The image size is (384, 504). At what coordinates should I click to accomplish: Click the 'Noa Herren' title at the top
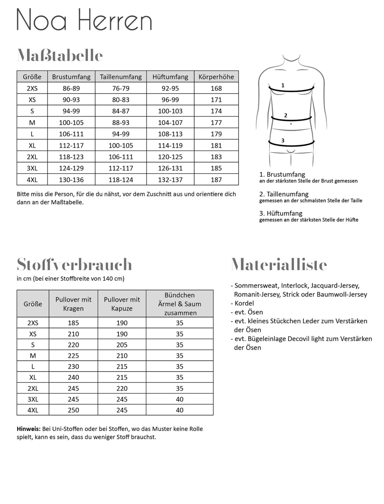click(x=84, y=20)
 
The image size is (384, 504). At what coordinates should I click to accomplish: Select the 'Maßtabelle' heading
click(x=60, y=56)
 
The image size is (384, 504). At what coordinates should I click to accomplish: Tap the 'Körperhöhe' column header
click(x=216, y=77)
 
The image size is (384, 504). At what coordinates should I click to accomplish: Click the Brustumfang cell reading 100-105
click(x=71, y=123)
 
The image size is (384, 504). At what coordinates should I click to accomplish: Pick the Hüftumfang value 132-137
click(x=170, y=180)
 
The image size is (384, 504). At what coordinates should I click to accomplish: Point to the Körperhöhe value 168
click(x=216, y=88)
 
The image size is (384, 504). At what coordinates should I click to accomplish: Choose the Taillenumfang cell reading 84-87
click(x=121, y=111)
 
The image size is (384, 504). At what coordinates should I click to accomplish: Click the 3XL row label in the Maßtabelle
click(x=32, y=168)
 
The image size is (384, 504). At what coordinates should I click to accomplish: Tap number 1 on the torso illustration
click(x=283, y=85)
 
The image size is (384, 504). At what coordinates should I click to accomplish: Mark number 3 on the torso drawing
click(x=283, y=140)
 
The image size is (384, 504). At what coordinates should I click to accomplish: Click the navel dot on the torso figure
click(x=291, y=124)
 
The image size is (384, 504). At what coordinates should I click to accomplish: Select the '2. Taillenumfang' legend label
click(x=284, y=194)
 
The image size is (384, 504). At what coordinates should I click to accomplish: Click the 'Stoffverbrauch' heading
click(x=74, y=264)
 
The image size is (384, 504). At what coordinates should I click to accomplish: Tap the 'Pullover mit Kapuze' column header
click(x=122, y=304)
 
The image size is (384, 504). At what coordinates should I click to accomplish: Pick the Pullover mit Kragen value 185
click(x=73, y=323)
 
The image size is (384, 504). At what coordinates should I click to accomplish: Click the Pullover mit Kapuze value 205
click(x=122, y=345)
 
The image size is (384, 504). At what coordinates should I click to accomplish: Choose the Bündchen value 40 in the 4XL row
click(x=180, y=410)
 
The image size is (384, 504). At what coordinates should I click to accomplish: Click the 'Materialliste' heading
click(x=279, y=264)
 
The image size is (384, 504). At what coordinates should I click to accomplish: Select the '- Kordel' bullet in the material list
click(x=242, y=303)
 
